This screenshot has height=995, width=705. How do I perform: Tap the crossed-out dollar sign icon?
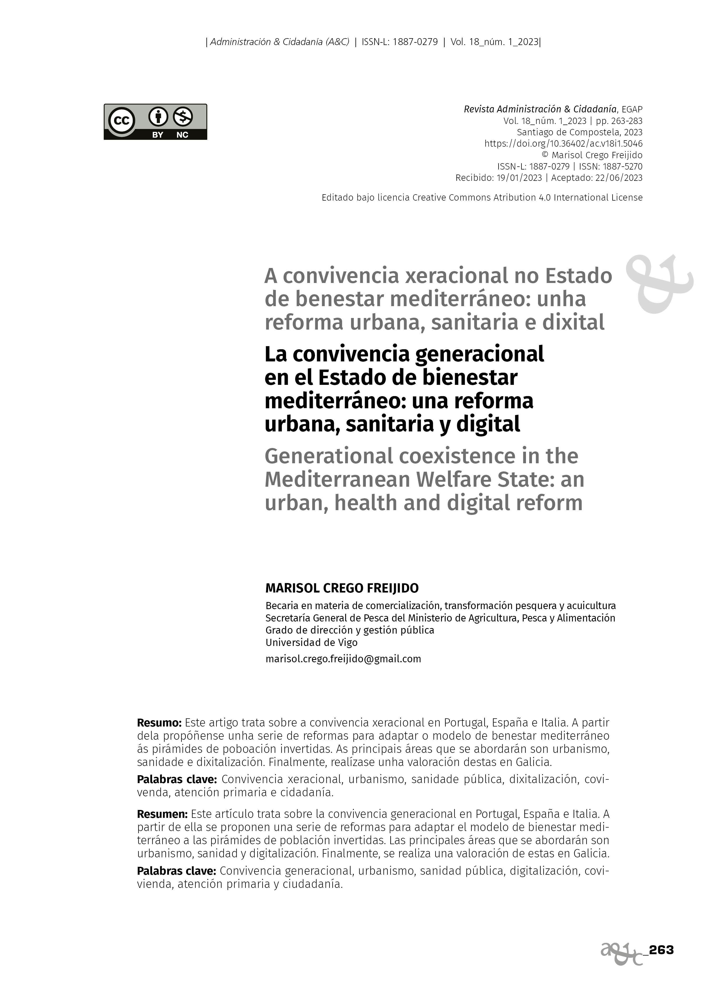(x=183, y=116)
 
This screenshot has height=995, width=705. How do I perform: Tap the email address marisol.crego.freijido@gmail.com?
(x=343, y=659)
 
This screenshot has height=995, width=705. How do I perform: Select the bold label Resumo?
(x=159, y=723)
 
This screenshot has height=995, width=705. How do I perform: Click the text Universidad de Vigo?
(x=311, y=642)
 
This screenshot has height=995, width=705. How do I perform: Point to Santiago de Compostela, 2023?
(x=580, y=132)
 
